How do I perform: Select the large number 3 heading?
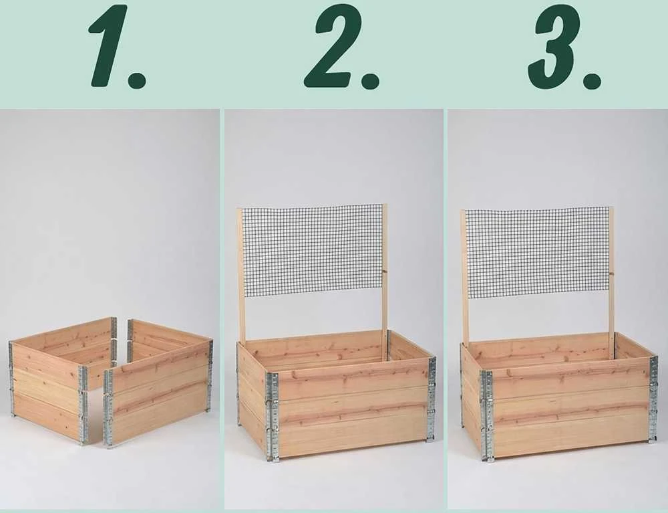556,46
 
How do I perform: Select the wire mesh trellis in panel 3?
537,251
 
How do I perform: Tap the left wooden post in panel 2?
240,275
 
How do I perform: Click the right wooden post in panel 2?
385,282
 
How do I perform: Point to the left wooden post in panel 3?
464,277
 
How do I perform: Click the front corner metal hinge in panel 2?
273,417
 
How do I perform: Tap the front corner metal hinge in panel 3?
486,416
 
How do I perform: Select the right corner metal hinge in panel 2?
432,399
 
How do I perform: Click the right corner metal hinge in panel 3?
653,399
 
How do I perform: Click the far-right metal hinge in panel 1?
210,375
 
